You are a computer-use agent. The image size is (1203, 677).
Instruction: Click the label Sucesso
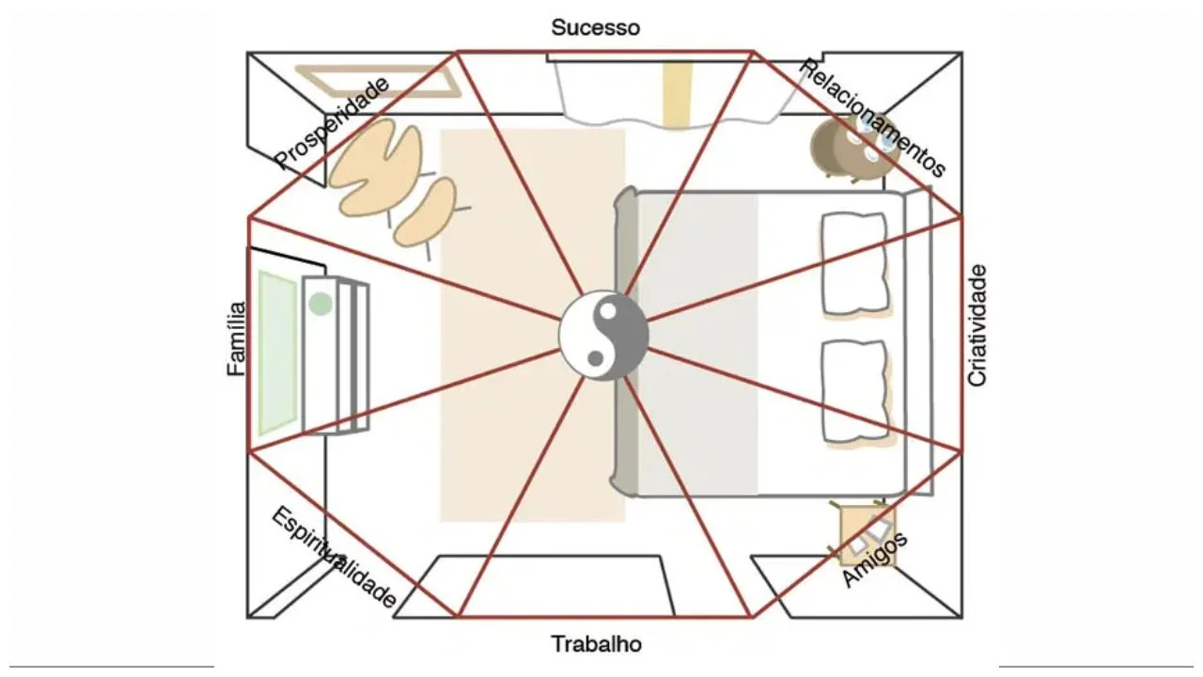tap(596, 27)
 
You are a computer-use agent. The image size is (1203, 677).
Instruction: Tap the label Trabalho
tap(596, 644)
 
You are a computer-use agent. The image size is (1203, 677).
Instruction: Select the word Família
tap(237, 338)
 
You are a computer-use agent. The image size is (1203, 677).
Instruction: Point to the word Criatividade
tap(977, 325)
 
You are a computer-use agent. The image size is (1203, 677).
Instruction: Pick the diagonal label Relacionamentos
tap(872, 118)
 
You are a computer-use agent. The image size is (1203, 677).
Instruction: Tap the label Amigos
tap(874, 559)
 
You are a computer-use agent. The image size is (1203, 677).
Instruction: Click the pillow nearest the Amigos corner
tap(854, 391)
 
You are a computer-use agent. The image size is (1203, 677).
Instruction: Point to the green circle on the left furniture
tap(320, 304)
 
